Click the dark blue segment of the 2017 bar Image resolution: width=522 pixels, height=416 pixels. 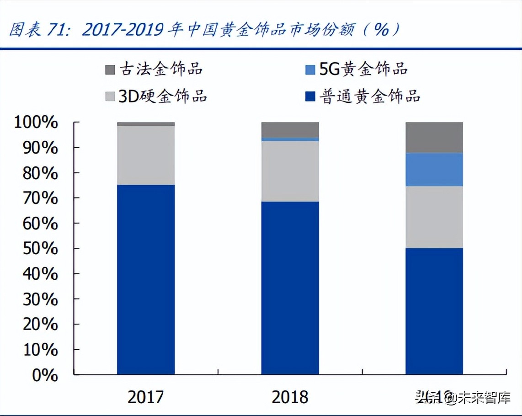click(146, 280)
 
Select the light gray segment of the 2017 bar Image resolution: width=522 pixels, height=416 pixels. click(146, 155)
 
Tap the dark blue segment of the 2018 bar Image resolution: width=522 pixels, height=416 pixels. click(290, 288)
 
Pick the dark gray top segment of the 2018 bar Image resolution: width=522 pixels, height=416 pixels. click(290, 129)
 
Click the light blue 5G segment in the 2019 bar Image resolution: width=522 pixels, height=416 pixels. click(434, 170)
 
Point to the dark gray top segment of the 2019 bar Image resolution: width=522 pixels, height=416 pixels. click(434, 137)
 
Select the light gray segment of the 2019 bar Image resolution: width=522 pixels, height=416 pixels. click(434, 217)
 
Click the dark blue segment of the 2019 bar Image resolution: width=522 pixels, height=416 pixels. click(434, 311)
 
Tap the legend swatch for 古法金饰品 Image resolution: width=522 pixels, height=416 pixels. click(110, 70)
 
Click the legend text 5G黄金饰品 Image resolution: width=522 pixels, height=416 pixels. click(363, 69)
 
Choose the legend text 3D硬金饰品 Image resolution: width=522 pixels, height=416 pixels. click(163, 96)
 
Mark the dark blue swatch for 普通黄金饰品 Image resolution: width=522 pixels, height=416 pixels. click(310, 96)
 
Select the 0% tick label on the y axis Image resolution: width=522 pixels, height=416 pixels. click(44, 375)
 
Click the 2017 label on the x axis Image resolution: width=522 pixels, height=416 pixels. click(146, 397)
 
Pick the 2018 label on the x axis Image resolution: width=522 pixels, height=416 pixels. click(290, 397)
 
